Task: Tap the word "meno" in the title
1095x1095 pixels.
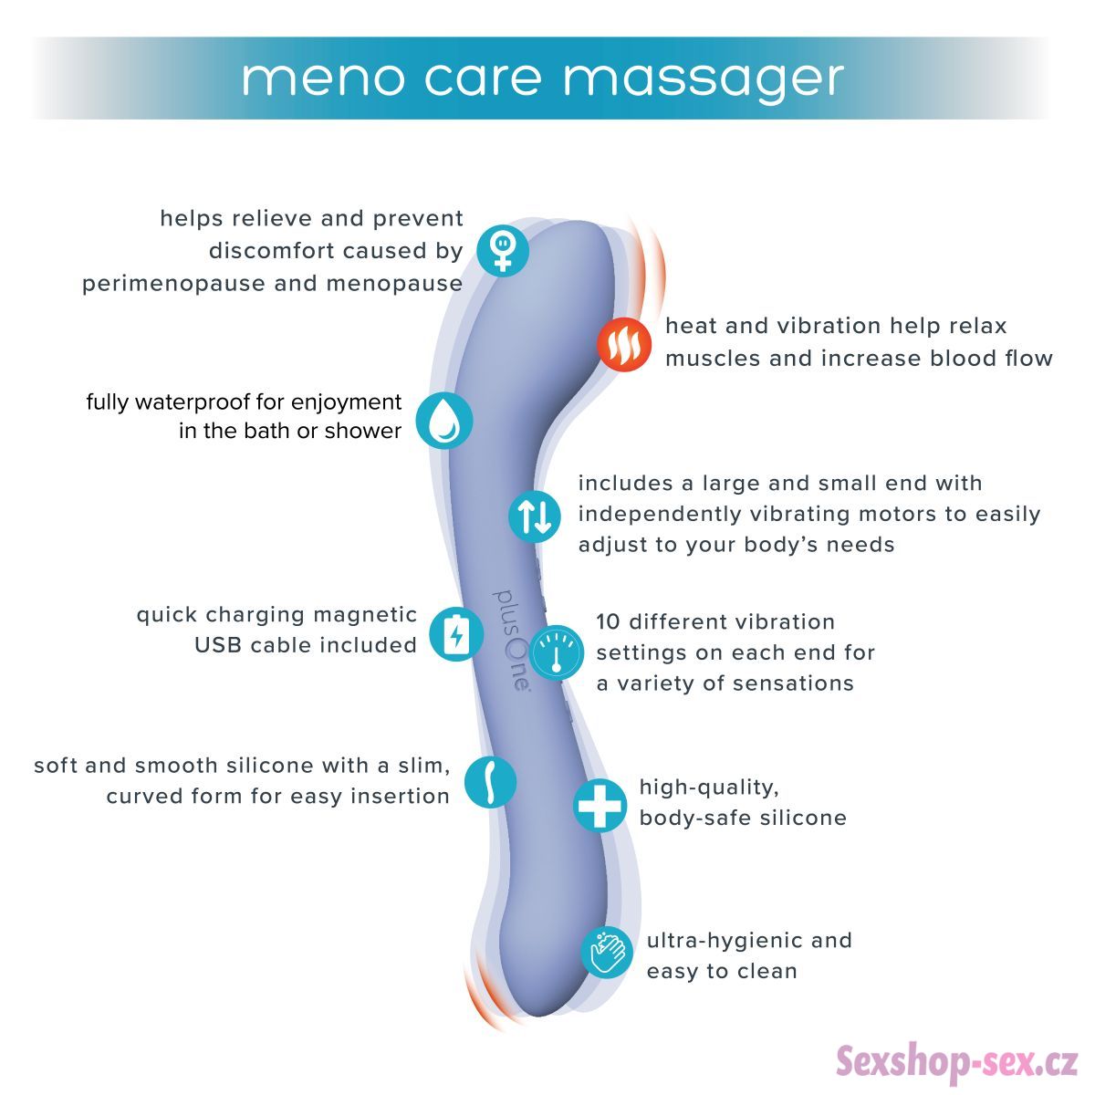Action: point(322,78)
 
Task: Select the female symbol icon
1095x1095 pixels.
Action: point(502,251)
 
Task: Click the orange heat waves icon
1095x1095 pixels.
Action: point(623,344)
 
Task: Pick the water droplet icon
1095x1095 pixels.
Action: point(444,421)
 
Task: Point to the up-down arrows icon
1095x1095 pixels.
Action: point(534,516)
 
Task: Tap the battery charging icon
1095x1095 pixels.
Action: point(456,634)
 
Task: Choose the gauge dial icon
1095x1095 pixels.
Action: point(557,652)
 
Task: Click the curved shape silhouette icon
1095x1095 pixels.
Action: point(490,782)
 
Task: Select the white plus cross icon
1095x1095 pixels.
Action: point(600,805)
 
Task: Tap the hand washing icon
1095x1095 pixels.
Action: point(606,953)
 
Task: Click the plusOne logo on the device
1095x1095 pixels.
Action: point(511,640)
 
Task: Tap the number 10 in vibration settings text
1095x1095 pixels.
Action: point(609,621)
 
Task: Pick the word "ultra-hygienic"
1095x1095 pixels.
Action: point(724,941)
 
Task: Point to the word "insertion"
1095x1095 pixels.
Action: point(400,796)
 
